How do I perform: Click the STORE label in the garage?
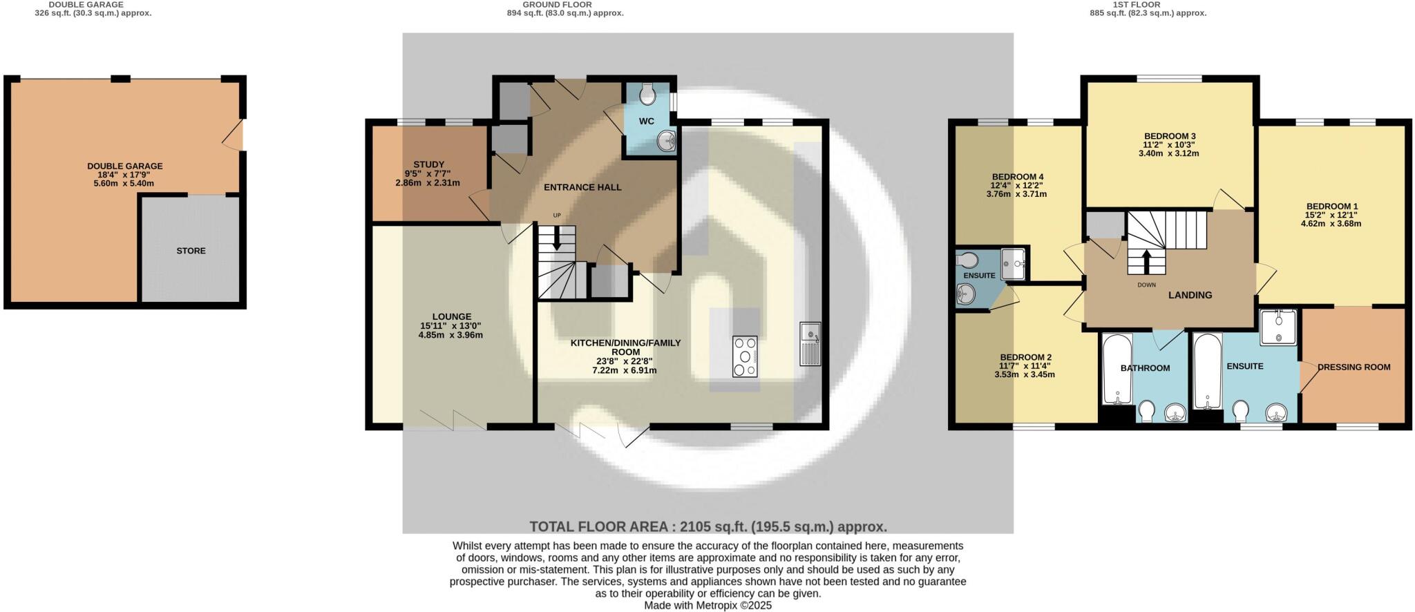pos(191,251)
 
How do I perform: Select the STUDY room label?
pos(428,164)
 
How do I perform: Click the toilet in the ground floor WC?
pos(647,95)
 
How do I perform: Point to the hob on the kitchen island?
pos(745,356)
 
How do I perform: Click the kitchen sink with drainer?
pos(810,343)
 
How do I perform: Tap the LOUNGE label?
pos(452,317)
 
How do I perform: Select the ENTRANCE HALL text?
pos(582,187)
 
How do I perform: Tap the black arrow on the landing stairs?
pos(1146,260)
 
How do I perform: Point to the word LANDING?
pos(1190,295)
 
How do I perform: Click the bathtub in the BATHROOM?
pos(1116,370)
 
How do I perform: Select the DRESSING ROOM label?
pos(1354,367)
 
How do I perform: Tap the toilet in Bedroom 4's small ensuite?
pos(967,260)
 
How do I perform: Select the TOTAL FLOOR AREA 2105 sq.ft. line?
pos(708,527)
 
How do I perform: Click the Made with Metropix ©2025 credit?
pos(707,605)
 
